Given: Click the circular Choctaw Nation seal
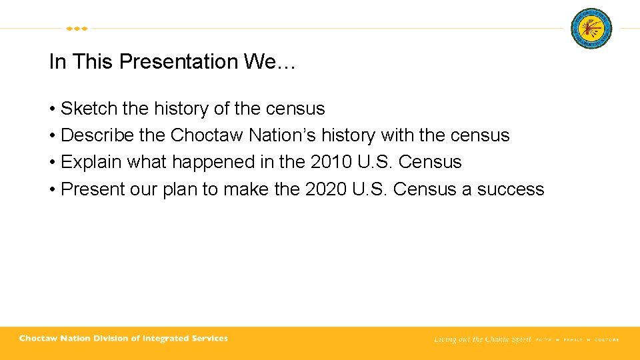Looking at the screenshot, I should (591, 29).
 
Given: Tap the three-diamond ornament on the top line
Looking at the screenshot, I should (77, 29).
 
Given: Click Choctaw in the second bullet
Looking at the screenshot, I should (207, 135).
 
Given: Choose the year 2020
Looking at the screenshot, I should (326, 189).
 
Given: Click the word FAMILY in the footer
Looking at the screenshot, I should (573, 339).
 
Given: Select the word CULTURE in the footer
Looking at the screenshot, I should (607, 339).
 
